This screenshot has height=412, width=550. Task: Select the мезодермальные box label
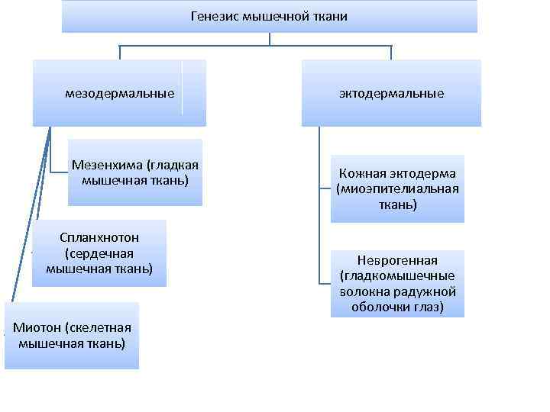pos(120,94)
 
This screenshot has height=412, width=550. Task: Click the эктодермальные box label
pos(391,94)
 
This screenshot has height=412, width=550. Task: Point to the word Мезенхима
pos(107,165)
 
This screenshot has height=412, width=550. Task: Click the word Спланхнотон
pos(99,237)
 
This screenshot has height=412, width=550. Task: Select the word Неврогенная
pos(397,259)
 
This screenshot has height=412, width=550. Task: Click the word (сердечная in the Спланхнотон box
pos(99,253)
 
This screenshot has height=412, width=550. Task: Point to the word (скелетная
pos(99,328)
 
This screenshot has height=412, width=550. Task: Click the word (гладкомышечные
pos(397,275)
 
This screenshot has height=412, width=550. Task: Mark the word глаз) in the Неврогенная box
pos(428,307)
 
